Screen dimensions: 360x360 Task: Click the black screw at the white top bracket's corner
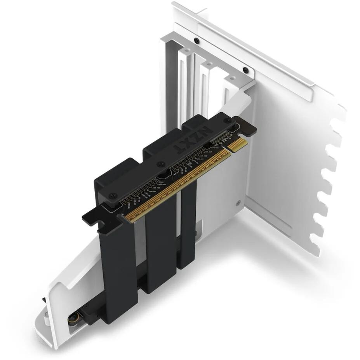pyautogui.click(x=245, y=70)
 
